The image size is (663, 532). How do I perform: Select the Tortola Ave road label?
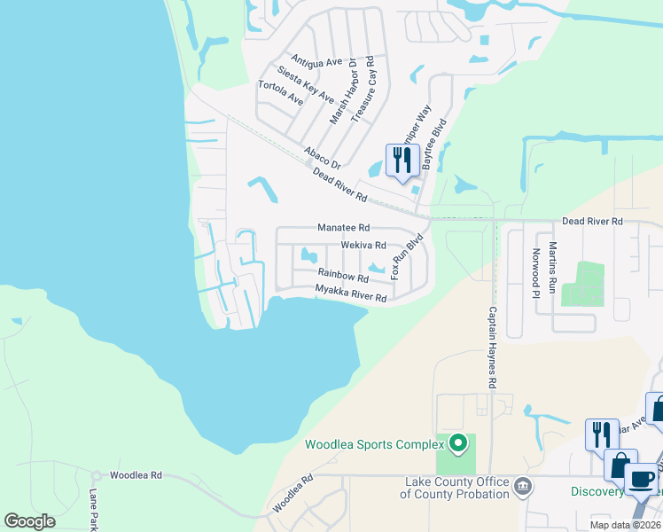(x=280, y=93)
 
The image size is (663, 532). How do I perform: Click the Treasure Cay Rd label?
(x=370, y=88)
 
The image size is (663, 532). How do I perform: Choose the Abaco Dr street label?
(x=323, y=157)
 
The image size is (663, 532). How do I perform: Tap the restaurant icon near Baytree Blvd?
(x=402, y=160)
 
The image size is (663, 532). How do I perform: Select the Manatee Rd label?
(x=343, y=228)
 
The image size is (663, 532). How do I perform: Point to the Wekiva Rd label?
(x=363, y=245)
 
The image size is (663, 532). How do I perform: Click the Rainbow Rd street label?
(x=343, y=277)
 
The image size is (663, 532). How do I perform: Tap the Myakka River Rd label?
(x=351, y=293)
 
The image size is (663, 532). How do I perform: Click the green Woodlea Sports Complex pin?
(x=458, y=442)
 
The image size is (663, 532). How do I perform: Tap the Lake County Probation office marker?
(x=524, y=486)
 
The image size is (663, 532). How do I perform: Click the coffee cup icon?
(x=641, y=478)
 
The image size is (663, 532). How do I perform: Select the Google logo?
(x=30, y=520)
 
